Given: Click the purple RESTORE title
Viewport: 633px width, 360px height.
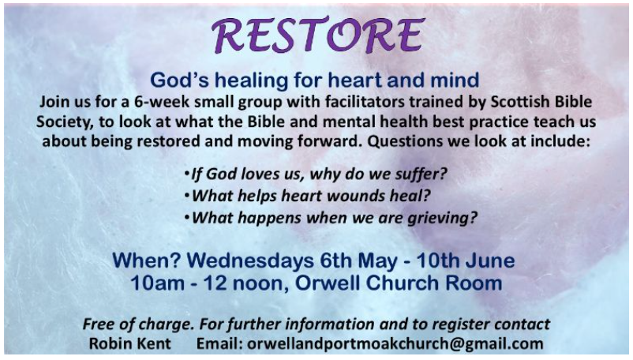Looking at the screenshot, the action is tap(317, 36).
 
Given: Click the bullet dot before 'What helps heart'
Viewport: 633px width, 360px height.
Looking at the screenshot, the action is tap(186, 196).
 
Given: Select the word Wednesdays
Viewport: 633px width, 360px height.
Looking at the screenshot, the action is tap(250, 261).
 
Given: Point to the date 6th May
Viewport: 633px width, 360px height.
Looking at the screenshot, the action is tap(359, 261).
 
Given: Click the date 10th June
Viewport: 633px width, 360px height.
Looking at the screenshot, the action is tap(466, 261).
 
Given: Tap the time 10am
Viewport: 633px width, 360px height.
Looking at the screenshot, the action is tap(157, 283).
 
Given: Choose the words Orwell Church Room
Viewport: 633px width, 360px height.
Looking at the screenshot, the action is tap(399, 283).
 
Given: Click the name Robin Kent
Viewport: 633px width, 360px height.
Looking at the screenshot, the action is tap(130, 344).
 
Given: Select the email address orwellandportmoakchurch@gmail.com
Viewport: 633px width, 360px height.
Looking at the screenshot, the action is tap(395, 344).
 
